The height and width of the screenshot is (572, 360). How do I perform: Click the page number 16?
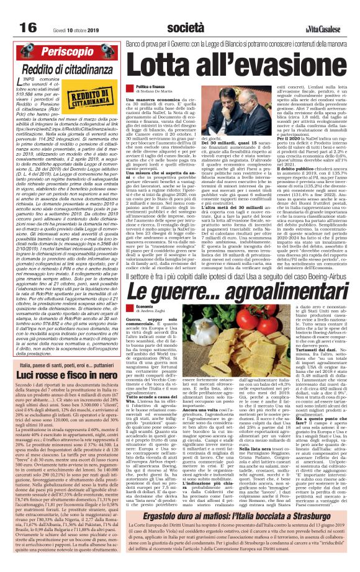11,11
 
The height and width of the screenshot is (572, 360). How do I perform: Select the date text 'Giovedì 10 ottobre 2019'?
60,11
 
